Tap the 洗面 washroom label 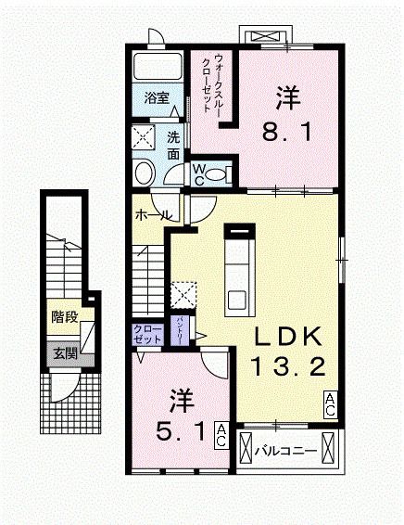[173, 145]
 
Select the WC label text [198, 174]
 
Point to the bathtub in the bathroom [158, 68]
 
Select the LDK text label [286, 335]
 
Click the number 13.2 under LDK [286, 368]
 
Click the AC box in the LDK [329, 403]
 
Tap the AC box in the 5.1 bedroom [221, 434]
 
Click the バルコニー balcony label [285, 452]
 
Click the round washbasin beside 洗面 [145, 173]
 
